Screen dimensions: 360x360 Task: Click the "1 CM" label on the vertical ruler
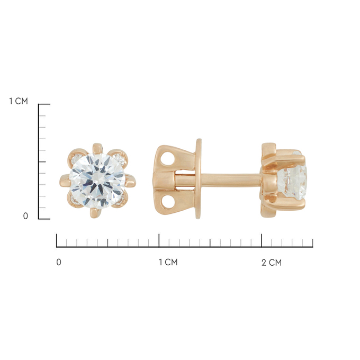pos(18,101)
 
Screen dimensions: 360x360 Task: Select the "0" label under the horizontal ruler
pos(59,262)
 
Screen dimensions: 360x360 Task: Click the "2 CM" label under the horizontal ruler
pos(272,262)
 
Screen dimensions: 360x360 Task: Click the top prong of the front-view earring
pos(97,148)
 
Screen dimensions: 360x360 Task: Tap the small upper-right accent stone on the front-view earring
pos(121,157)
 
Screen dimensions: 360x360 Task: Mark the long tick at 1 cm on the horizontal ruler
pos(159,239)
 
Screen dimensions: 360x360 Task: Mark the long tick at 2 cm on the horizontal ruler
pos(262,239)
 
